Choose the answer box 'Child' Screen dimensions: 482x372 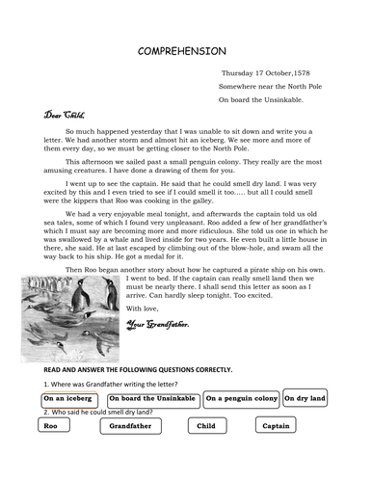pos(205,425)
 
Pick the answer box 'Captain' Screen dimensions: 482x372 pos(276,425)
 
